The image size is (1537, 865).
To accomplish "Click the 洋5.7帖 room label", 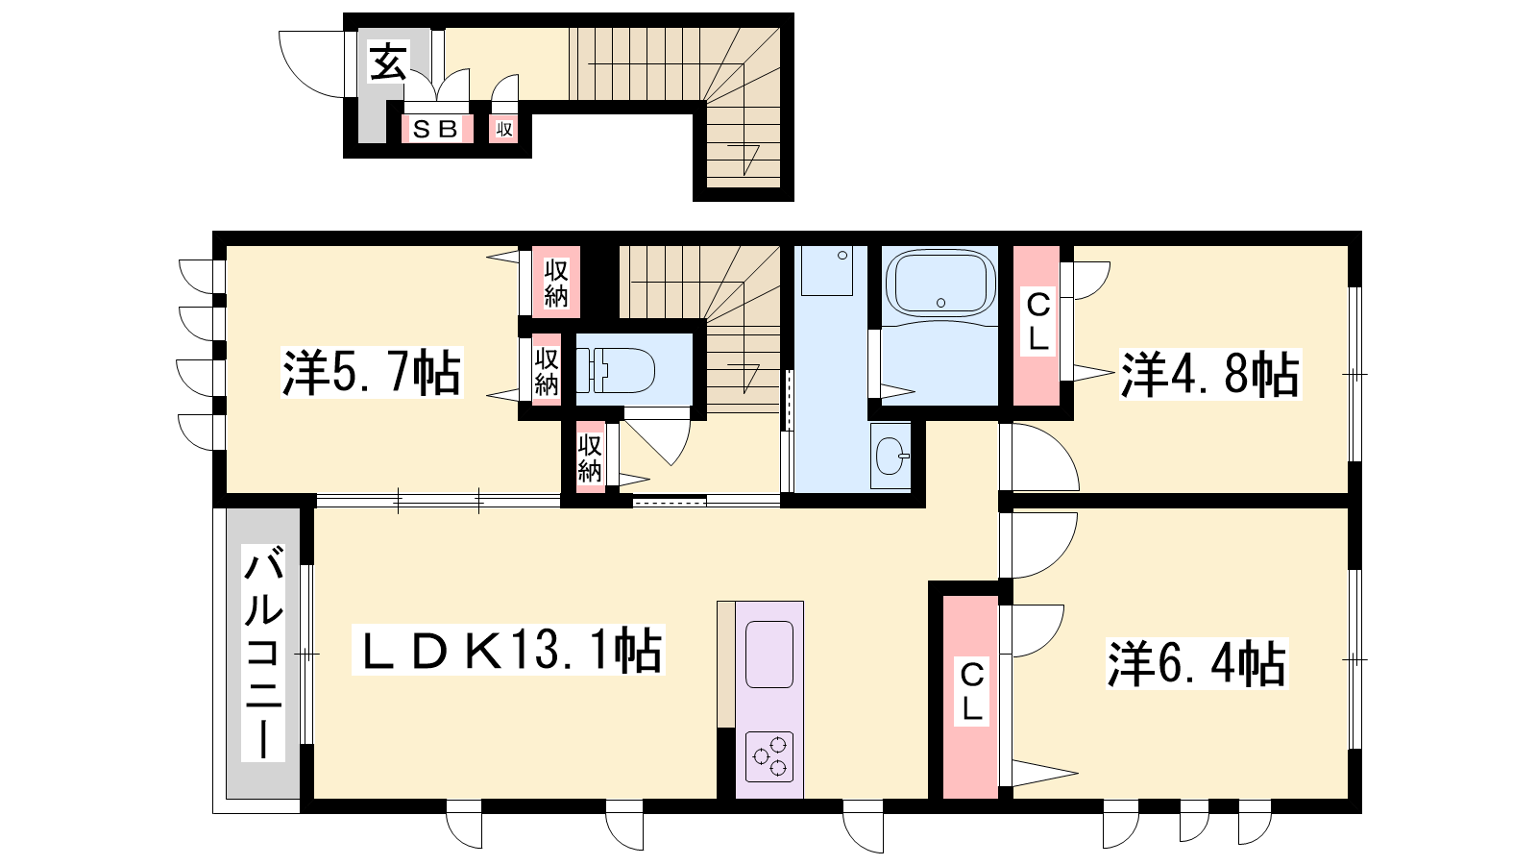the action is (372, 373).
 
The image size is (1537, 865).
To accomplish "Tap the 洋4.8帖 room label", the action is (1210, 374).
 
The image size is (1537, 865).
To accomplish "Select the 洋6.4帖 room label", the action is (1197, 664).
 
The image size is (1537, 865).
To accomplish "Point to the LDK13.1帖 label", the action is (508, 650).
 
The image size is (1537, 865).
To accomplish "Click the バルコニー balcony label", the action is (263, 653).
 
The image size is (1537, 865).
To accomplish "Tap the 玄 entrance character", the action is (388, 62).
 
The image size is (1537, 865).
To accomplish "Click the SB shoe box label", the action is (436, 129).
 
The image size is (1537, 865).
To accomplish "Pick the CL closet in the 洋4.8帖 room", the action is (1037, 322).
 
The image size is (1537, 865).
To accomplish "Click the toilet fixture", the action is (615, 371).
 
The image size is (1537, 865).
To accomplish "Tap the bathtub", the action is (940, 283).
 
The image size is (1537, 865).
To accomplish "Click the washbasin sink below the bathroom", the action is (890, 456).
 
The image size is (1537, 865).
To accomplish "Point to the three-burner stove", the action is (769, 757).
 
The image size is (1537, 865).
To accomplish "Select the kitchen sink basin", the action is (769, 655).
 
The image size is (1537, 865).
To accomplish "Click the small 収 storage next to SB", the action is (504, 129).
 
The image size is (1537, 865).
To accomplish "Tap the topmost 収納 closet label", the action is (556, 283).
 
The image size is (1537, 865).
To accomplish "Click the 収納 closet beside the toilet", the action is (547, 371).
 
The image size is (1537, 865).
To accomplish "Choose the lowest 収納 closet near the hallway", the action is (590, 458).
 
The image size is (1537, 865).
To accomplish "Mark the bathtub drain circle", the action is (940, 303).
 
